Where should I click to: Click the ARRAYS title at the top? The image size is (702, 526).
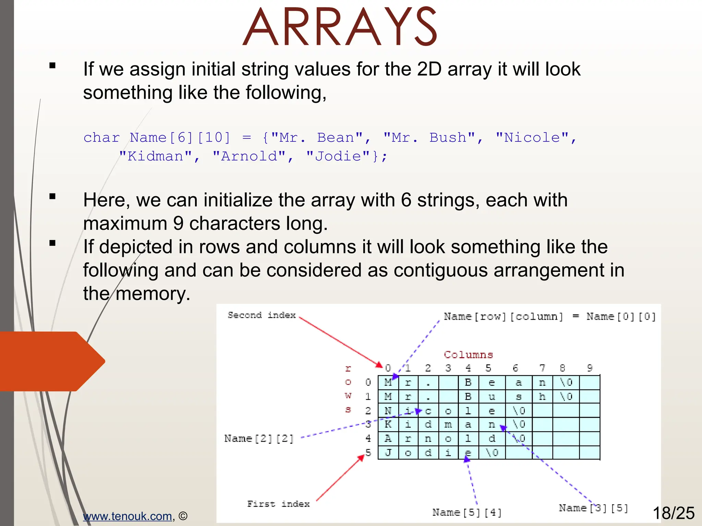click(340, 27)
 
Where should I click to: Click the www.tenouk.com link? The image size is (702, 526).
click(127, 516)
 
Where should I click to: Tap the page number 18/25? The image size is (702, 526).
click(673, 513)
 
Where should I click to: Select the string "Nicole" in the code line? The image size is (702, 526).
click(532, 138)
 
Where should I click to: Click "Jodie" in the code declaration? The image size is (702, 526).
click(338, 156)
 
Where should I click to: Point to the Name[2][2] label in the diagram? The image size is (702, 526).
click(259, 438)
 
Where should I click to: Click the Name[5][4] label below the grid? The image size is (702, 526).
click(467, 512)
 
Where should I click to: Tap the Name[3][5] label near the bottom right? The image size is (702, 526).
click(593, 508)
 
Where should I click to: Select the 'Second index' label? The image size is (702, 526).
click(262, 315)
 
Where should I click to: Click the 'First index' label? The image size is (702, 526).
click(278, 504)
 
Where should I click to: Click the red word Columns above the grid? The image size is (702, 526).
click(468, 355)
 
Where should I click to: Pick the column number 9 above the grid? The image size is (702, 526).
click(590, 368)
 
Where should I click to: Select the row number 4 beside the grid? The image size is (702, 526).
click(368, 438)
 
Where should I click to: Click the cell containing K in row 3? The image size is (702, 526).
click(388, 425)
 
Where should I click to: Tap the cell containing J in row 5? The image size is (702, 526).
click(388, 453)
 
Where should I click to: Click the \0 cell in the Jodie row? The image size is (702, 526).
click(492, 453)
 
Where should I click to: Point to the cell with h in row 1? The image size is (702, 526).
click(542, 397)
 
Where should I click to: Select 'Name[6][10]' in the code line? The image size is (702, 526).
click(180, 138)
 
